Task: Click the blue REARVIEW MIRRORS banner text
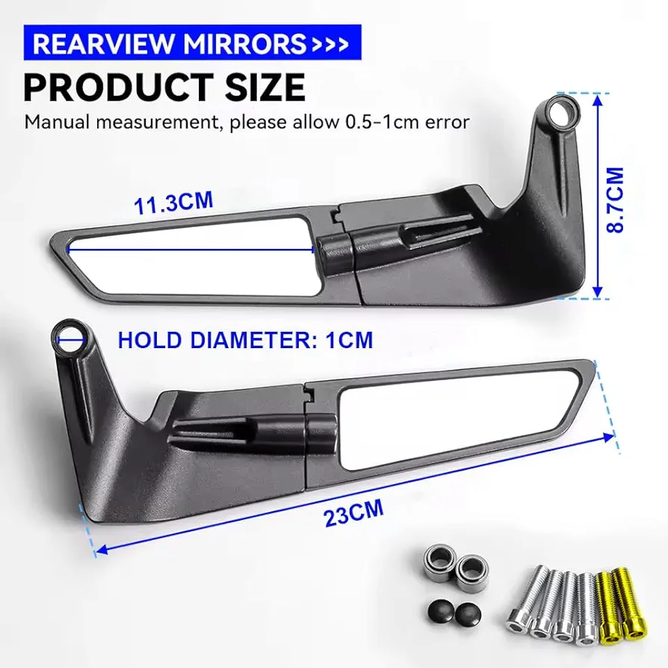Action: (x=169, y=43)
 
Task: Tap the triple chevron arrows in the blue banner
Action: (x=330, y=44)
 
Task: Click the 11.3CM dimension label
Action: (x=173, y=202)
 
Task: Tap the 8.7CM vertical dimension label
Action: (x=615, y=200)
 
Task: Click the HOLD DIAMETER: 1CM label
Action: (x=245, y=340)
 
